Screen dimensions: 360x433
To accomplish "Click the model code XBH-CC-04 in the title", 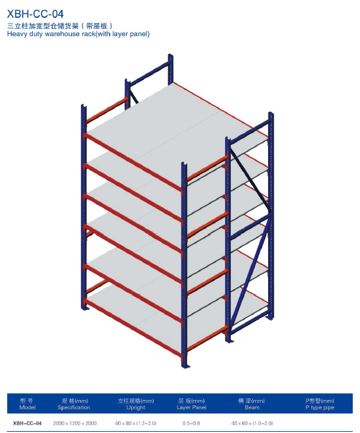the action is click(35, 13).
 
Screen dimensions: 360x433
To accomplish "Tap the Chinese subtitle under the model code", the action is click(60, 26).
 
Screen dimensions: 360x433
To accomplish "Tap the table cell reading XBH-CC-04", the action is click(27, 423).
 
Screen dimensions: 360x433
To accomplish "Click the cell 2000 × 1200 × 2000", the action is click(75, 423).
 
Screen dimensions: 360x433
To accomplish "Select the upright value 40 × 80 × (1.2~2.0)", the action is click(136, 423).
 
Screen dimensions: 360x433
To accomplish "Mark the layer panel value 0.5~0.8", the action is click(191, 423).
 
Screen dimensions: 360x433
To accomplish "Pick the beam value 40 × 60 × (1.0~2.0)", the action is click(252, 423).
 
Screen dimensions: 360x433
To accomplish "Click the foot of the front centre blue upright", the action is click(184, 365).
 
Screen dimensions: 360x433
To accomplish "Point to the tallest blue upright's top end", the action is click(170, 55).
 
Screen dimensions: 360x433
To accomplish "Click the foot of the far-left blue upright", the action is click(84, 307).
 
